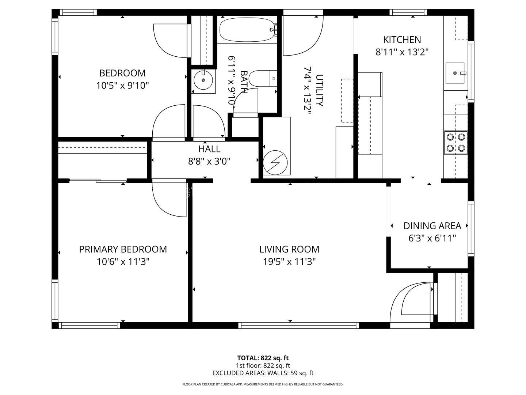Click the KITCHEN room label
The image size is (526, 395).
point(402,39)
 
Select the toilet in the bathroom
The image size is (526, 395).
point(263,78)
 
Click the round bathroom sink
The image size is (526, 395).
point(203,80)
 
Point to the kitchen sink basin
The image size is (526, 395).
point(455,73)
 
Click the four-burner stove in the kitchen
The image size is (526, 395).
point(456,143)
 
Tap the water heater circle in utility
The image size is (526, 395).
point(275,162)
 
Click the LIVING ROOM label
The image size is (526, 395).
point(289,249)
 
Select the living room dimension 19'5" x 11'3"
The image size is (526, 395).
point(289,262)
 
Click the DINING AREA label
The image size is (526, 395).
point(432,226)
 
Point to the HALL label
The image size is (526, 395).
point(209,149)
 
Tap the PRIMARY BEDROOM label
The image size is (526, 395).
point(123,249)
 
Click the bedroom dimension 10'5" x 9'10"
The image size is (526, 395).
point(122,85)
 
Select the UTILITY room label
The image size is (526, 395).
point(320,90)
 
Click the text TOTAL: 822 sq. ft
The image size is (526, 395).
point(263,358)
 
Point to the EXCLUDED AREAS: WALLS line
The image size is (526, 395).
point(263,373)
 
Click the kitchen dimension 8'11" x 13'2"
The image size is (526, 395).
point(402,52)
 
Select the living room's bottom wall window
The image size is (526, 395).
point(298,325)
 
